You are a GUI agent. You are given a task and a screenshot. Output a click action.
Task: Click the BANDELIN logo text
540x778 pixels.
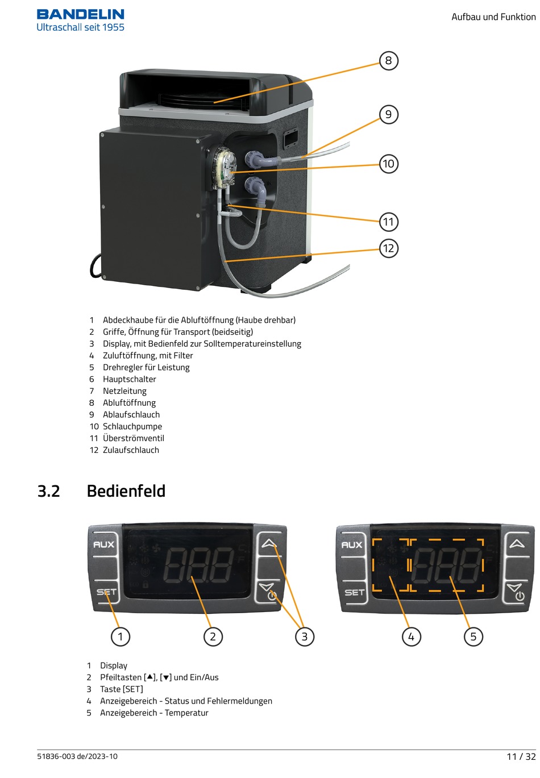coord(80,14)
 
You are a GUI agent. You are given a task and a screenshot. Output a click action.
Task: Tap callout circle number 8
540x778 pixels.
coord(388,61)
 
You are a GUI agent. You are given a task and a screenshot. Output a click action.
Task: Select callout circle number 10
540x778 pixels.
coord(388,164)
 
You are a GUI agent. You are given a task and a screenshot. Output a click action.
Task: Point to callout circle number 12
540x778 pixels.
coord(388,248)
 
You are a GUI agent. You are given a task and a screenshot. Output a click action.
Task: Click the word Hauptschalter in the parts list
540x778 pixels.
coord(129,379)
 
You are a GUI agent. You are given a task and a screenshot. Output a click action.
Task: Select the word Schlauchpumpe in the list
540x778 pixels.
coord(132,426)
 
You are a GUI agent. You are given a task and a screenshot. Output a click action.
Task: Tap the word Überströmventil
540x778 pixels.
coord(133,438)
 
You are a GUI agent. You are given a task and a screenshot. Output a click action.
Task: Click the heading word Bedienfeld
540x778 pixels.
coord(126,491)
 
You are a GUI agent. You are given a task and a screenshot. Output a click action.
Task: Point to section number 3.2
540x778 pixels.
coord(49,491)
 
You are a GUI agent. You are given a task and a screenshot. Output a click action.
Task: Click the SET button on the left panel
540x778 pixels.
coord(106,592)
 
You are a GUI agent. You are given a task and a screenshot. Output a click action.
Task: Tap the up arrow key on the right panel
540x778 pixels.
coord(517,544)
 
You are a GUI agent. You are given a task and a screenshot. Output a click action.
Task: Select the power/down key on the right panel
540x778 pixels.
coord(517,592)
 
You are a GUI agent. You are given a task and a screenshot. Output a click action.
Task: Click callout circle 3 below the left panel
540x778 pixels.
coord(304,636)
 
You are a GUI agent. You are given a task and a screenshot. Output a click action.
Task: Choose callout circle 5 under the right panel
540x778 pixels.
coord(473,636)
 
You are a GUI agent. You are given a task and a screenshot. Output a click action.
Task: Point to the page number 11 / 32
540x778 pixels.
coord(521,756)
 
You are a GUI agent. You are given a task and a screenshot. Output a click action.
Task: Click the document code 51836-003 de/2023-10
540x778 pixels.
coord(77,756)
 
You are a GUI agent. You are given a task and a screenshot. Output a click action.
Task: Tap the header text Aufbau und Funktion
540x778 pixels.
coord(493,17)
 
